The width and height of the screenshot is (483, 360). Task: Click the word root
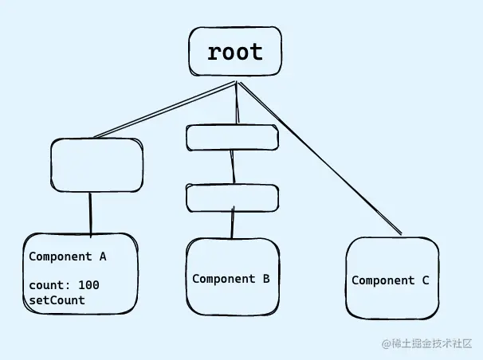pos(234,53)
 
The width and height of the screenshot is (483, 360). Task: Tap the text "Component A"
pos(68,257)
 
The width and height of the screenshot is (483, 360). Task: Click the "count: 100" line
pos(64,285)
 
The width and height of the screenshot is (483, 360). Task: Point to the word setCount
pos(57,300)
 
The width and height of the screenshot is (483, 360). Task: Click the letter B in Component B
pos(265,279)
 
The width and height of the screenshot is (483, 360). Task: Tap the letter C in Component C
pos(425,280)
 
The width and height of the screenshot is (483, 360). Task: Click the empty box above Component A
pos(96,165)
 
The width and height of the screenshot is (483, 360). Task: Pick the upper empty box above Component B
pos(233,137)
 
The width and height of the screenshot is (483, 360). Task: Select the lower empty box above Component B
pos(232,197)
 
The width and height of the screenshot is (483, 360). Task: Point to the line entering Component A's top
pos(90,213)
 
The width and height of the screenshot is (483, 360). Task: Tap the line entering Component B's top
pos(233,224)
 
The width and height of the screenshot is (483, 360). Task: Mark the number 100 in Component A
pos(89,285)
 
